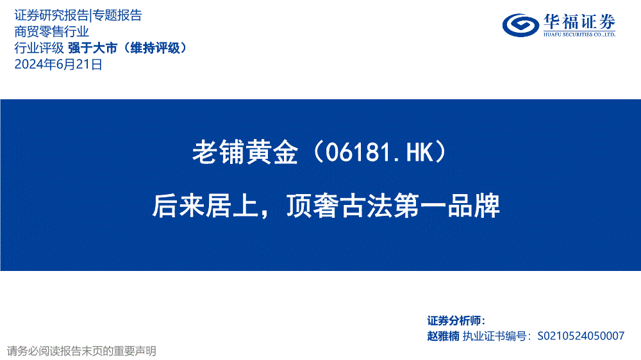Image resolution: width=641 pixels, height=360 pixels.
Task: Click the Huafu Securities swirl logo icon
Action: click(520, 25)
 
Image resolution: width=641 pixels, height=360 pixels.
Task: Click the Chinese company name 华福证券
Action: click(579, 22)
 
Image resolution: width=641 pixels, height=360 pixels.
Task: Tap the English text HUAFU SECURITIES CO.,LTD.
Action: click(579, 35)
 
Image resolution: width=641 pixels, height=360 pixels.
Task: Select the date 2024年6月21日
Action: click(58, 64)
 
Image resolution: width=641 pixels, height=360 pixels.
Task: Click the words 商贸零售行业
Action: click(51, 31)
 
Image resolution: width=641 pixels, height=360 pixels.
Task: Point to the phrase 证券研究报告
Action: click(51, 15)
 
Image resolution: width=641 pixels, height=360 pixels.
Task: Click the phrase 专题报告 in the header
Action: click(117, 15)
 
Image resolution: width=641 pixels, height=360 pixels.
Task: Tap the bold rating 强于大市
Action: click(93, 48)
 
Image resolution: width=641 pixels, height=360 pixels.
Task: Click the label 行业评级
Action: click(39, 48)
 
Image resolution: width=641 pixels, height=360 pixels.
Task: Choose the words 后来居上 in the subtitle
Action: click(206, 206)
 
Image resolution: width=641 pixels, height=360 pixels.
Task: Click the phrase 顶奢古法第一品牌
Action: click(393, 206)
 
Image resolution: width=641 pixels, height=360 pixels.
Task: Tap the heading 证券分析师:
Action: click(456, 321)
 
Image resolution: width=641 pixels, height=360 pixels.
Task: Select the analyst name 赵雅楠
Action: click(443, 336)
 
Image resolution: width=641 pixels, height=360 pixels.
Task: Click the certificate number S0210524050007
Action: click(581, 336)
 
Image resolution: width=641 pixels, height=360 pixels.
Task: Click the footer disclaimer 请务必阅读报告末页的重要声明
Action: click(81, 351)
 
